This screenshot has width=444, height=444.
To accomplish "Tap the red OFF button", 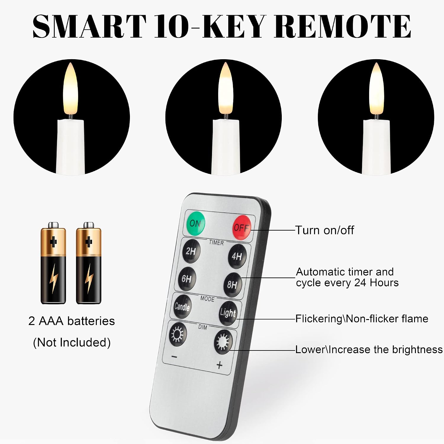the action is click(x=242, y=227).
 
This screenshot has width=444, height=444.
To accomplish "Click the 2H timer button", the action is click(x=191, y=251).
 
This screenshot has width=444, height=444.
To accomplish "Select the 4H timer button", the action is click(x=237, y=256).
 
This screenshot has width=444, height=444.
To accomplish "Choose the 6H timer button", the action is click(x=187, y=279).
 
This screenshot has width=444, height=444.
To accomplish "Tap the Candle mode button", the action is click(x=182, y=307).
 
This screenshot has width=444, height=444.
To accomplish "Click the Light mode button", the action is click(x=228, y=313).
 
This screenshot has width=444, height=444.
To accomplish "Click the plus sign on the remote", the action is click(x=219, y=365).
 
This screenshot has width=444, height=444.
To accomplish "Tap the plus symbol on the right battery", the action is click(x=89, y=242).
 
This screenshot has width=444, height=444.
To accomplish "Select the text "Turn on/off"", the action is click(x=325, y=230).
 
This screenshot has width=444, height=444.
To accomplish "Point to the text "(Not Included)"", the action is click(x=72, y=342).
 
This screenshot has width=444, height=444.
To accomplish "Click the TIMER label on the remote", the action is click(x=216, y=242).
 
